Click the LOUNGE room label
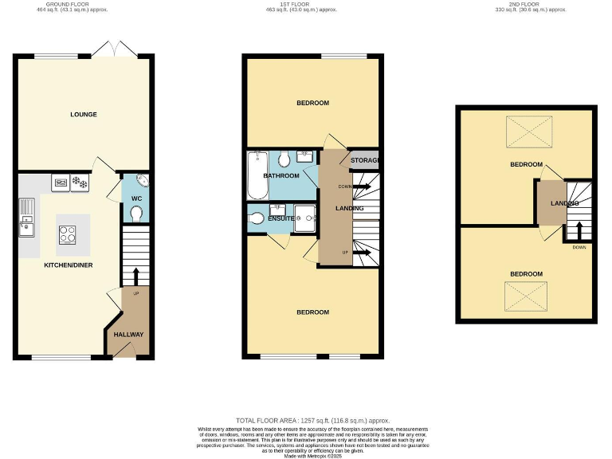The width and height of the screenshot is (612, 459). click(84, 115)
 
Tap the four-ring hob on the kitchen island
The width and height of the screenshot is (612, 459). click(68, 233)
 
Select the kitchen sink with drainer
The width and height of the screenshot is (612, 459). click(25, 217)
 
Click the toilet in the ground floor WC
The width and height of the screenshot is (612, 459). click(136, 214)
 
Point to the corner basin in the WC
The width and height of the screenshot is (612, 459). click(141, 180)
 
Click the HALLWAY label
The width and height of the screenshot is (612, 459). click(127, 335)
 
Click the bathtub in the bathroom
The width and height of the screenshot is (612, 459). click(257, 175)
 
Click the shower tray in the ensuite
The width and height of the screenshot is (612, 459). click(304, 217)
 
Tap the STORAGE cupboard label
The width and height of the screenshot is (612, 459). click(365, 161)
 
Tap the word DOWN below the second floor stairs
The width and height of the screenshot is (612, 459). click(579, 247)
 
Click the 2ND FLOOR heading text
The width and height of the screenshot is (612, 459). click(529, 4)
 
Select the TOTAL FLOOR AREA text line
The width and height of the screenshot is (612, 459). click(312, 420)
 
